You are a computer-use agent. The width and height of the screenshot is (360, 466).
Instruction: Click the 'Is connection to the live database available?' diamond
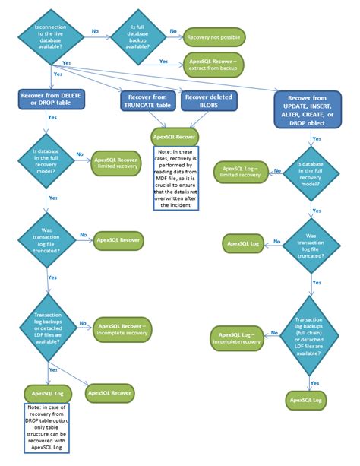(x=53, y=36)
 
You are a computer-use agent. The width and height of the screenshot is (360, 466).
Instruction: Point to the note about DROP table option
(x=52, y=430)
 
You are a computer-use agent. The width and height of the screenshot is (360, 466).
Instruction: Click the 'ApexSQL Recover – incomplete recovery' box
(x=122, y=329)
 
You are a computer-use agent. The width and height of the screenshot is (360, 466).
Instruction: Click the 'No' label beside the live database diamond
(x=95, y=31)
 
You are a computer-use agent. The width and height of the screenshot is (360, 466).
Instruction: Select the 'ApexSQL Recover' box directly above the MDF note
(x=176, y=138)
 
